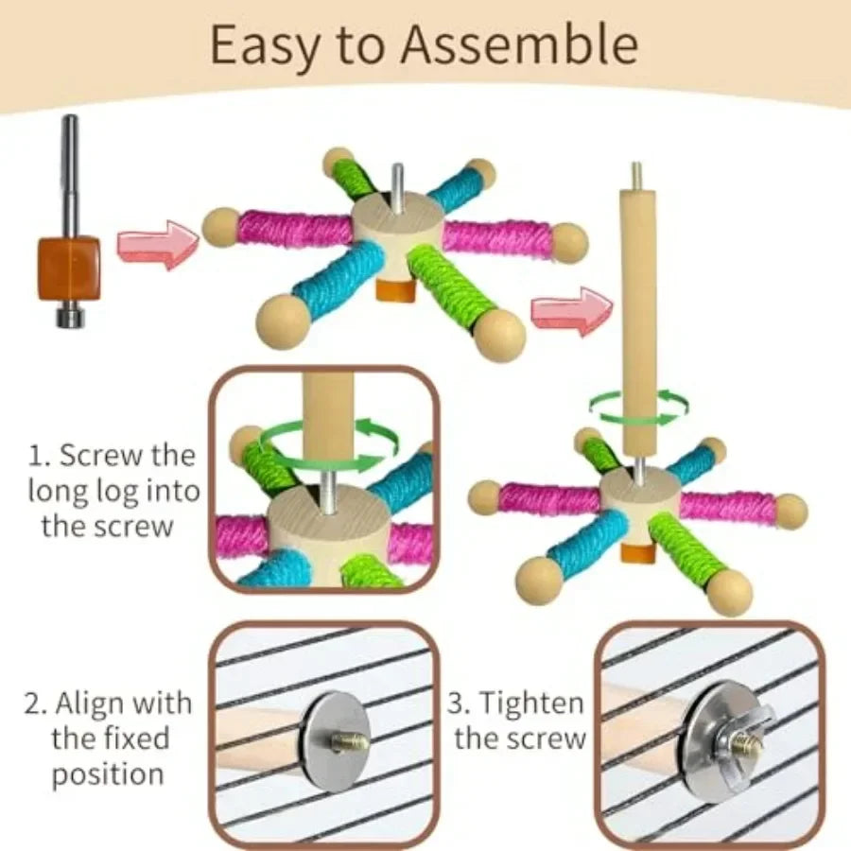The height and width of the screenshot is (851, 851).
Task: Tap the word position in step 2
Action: (x=108, y=774)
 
